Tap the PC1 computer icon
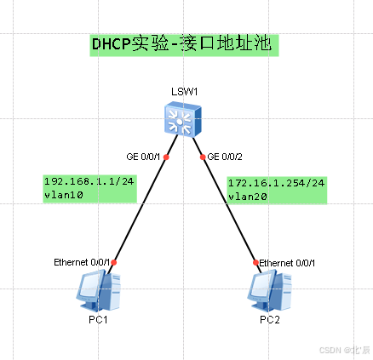[x=95, y=290]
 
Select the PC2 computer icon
[x=267, y=290]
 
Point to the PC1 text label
[x=95, y=319]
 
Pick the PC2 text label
[x=269, y=319]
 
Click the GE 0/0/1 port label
[x=142, y=157]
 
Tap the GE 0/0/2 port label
[x=225, y=157]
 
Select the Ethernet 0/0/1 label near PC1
[x=81, y=260]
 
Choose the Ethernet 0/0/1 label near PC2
[x=287, y=262]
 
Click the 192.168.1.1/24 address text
[x=87, y=180]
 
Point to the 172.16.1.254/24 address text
[x=277, y=182]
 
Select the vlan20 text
[x=244, y=196]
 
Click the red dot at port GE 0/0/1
[x=167, y=157]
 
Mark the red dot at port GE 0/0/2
[x=203, y=157]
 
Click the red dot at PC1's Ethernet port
[x=113, y=263]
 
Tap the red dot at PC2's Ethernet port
[x=255, y=263]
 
